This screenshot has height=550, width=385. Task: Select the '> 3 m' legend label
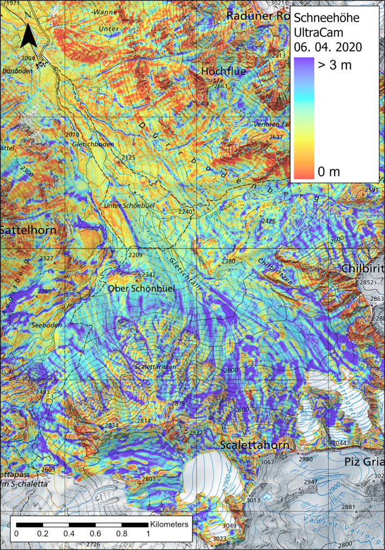334,66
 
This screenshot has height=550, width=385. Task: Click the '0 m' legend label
329,172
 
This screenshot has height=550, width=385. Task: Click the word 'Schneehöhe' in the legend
326,18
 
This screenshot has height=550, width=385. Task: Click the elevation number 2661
221,86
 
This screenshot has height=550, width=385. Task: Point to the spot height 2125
129,158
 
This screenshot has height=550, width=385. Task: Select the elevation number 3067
267,462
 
